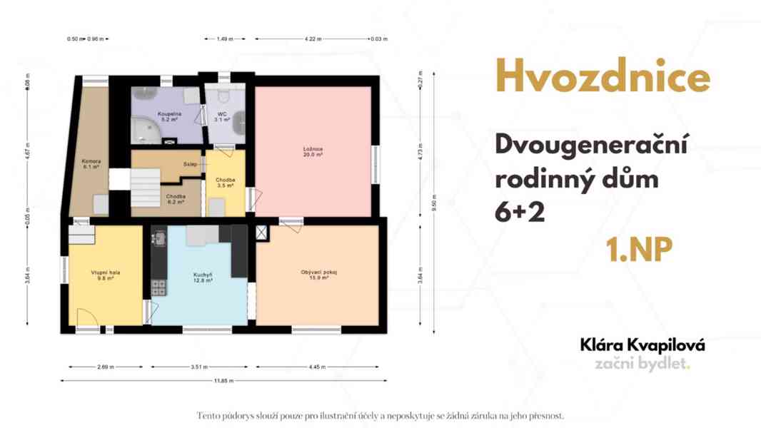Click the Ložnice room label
point(313,152)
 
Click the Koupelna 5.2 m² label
point(169,117)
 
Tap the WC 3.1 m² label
point(222,117)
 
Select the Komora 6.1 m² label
point(91,164)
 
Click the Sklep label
point(190,165)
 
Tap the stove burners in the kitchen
point(158,287)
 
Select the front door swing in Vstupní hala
point(84,317)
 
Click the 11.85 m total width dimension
point(224,381)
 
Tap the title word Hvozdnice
point(603,78)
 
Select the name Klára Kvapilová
point(642,345)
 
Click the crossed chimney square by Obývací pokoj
point(261,233)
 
